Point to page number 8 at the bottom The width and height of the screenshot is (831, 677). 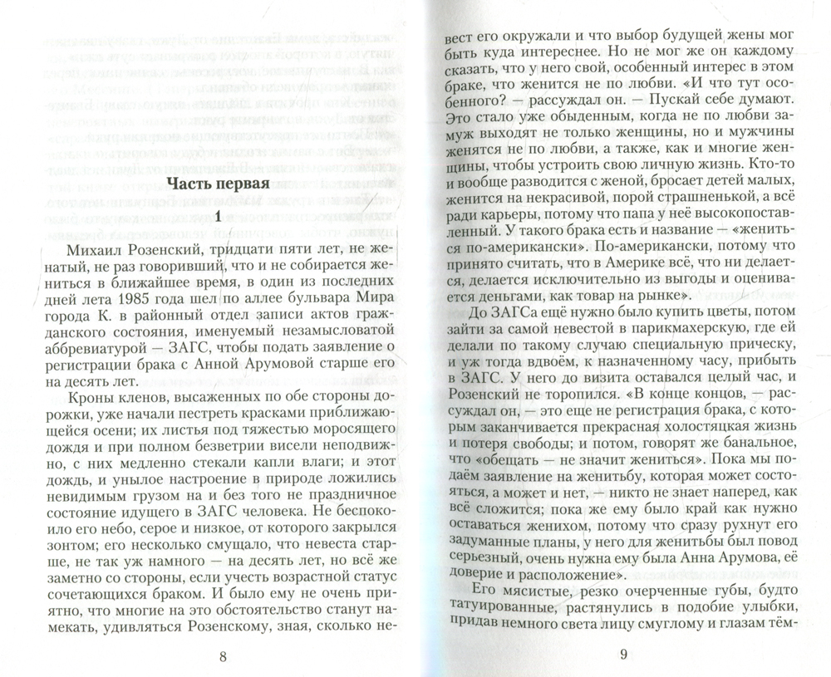point(222,657)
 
